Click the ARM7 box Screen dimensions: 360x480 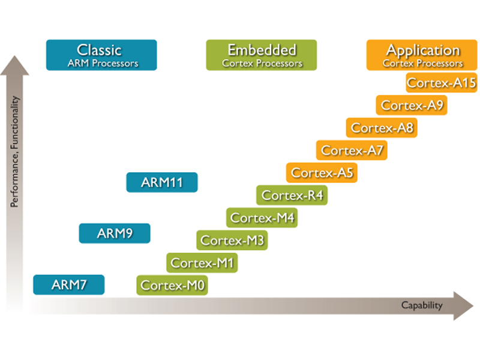[x=68, y=284]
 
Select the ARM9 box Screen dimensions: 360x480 [x=115, y=233]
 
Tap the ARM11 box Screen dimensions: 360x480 [x=161, y=182]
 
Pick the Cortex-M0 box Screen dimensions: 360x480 [x=172, y=285]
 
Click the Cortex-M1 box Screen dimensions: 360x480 [x=202, y=263]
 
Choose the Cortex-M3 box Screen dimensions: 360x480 [x=232, y=240]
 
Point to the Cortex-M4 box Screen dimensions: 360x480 [x=262, y=218]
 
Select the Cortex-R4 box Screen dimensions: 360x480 [x=292, y=195]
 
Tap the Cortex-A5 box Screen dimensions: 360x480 [x=322, y=173]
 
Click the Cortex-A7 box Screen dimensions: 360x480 [x=352, y=150]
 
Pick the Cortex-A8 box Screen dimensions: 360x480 [x=382, y=127]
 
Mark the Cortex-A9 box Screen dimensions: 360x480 [x=412, y=105]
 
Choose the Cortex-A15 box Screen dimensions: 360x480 [x=442, y=83]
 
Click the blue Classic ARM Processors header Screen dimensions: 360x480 [x=101, y=55]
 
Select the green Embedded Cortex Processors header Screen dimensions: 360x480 [x=262, y=55]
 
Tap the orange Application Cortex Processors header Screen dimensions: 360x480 [x=422, y=55]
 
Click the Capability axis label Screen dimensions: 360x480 [x=422, y=305]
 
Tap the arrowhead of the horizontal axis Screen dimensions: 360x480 [x=463, y=305]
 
